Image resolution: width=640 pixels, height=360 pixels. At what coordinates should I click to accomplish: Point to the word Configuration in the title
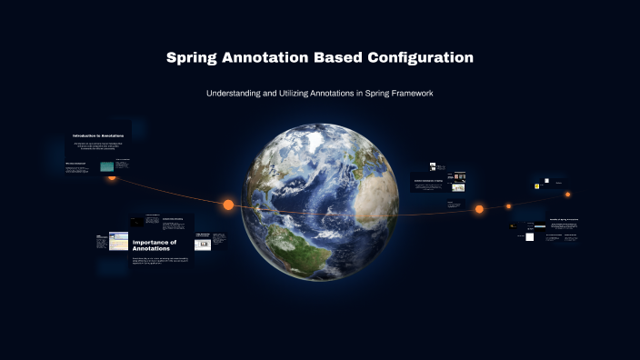tap(421, 57)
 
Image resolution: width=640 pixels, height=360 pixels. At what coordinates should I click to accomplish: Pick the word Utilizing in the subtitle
tap(310, 95)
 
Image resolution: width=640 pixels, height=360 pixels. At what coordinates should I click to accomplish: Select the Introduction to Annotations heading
tap(98, 135)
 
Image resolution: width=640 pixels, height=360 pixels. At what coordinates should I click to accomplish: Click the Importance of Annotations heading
tap(151, 245)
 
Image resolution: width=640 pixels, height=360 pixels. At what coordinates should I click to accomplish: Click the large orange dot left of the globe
tap(228, 205)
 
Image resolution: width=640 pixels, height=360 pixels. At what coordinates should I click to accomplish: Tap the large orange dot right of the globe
tap(479, 209)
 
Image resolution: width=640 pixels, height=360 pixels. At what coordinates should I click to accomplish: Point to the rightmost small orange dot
tap(568, 194)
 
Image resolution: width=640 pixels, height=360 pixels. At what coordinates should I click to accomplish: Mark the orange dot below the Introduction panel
tap(112, 176)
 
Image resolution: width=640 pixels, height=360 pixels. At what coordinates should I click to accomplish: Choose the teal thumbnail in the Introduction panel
tap(107, 166)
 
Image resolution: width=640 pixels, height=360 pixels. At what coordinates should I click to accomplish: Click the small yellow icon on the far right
tap(537, 186)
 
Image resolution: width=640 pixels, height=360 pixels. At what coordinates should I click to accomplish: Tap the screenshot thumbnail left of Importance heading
tap(118, 241)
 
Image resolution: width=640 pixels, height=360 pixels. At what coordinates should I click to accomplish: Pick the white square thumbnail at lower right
tap(529, 236)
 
